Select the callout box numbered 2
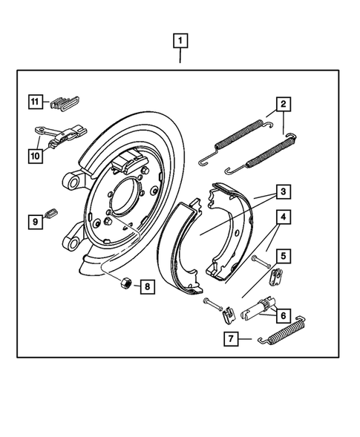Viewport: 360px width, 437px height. (x=283, y=104)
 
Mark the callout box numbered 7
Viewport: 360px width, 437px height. (x=232, y=340)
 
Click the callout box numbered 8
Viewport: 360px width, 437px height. (x=147, y=286)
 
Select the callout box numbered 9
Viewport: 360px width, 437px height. (x=34, y=220)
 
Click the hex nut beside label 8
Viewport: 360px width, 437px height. (x=126, y=283)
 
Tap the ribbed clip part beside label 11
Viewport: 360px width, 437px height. (x=67, y=103)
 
